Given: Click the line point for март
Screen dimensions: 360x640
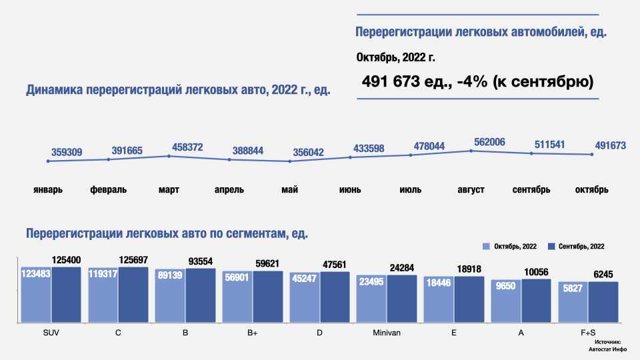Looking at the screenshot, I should tap(169, 156).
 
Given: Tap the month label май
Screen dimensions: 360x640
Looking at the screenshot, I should tap(289, 189).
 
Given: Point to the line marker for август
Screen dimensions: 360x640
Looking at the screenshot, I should tap(471, 151).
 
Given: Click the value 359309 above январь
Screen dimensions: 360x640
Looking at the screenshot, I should tap(66, 153).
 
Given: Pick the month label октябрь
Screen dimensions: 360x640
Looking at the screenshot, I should tap(592, 189).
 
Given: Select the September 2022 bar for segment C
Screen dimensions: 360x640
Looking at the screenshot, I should tap(133, 295).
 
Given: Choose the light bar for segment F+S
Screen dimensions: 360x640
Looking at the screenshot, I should tap(573, 303).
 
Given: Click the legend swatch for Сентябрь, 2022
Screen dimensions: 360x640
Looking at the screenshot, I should tap(551, 246).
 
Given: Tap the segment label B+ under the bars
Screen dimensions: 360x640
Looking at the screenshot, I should tap(251, 332).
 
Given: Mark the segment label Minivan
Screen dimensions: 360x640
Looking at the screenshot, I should tap(387, 332).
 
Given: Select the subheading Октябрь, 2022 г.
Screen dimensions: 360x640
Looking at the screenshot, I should tap(396, 57).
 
